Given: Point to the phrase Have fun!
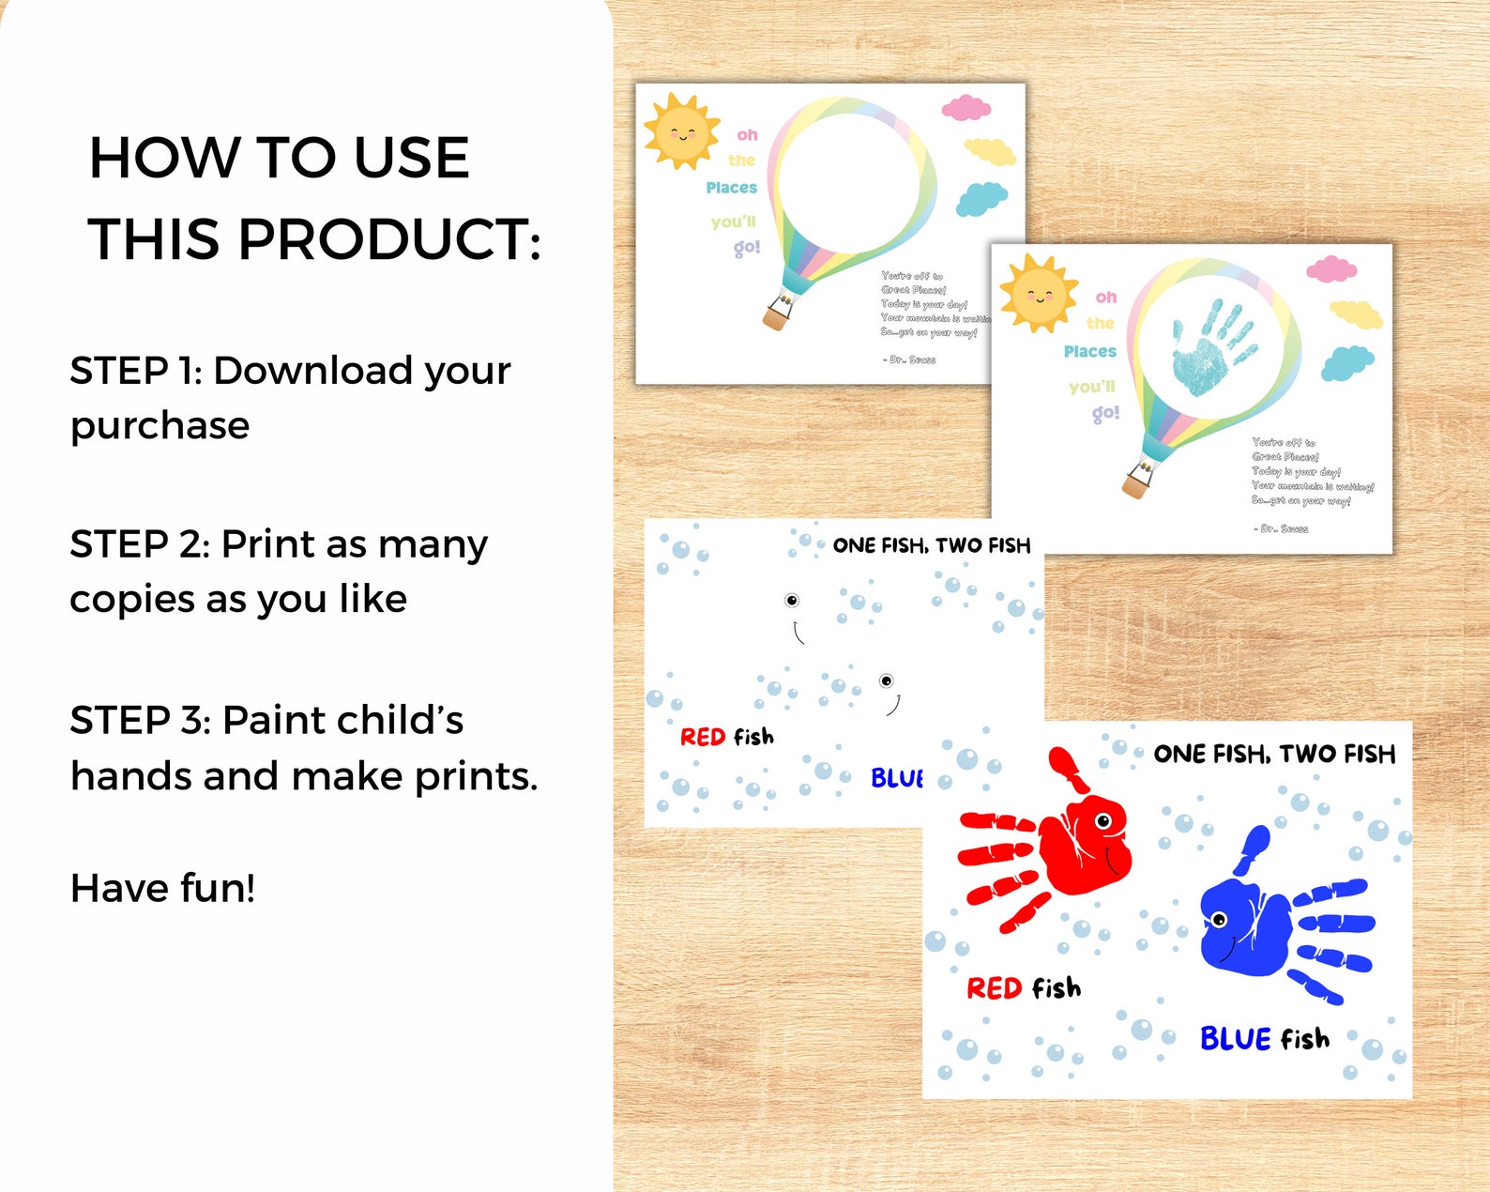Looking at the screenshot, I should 163,888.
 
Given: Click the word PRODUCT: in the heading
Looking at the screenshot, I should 389,239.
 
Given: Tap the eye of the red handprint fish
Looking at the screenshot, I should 1103,822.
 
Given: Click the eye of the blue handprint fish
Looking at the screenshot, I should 1221,918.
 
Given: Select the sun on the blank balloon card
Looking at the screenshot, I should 682,131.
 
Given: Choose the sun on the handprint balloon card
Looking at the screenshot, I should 1039,293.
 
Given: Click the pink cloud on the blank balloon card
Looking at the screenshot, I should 965,108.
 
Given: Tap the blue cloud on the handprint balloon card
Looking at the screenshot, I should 1347,362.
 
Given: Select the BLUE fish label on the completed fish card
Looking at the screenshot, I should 1265,1038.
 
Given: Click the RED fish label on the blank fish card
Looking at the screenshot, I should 727,737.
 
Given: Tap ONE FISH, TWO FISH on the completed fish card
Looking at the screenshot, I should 1274,754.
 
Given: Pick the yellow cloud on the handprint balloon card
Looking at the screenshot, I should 1356,313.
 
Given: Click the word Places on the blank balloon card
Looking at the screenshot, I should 731,188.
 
